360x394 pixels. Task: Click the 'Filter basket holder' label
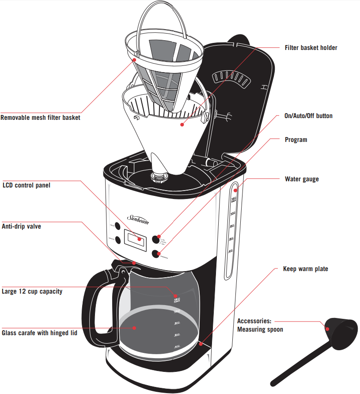311,47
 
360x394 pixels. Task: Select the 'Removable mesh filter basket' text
41,118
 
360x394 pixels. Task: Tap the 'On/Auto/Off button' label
308,116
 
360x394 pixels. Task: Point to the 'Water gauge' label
302,179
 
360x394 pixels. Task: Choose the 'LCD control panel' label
27,185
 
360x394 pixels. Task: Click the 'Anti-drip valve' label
22,226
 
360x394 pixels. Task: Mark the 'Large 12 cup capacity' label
32,291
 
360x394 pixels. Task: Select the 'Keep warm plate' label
305,269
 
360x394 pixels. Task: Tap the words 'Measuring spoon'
260,329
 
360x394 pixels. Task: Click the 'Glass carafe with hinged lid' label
40,333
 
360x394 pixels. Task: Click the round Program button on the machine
155,253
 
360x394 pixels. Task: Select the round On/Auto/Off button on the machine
156,239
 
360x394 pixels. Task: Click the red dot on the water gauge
235,190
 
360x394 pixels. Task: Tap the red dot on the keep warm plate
201,343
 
